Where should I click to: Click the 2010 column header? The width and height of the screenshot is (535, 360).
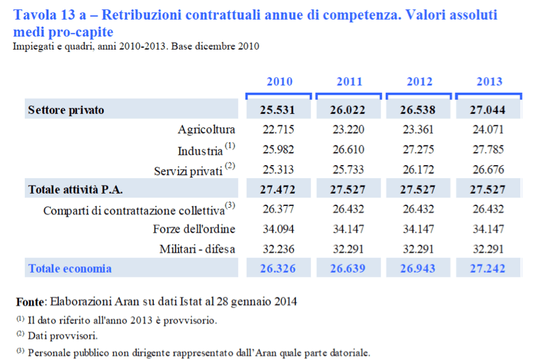(x=280, y=82)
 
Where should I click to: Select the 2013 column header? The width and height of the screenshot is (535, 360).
(x=489, y=82)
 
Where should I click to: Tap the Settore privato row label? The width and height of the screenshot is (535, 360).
(x=66, y=110)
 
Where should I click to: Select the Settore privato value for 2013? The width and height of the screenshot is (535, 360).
(x=487, y=110)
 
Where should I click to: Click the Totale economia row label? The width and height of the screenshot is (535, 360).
(x=70, y=268)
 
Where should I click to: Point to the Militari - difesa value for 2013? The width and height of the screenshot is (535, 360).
(x=487, y=249)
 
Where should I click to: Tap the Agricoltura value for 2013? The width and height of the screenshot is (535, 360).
(x=487, y=129)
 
